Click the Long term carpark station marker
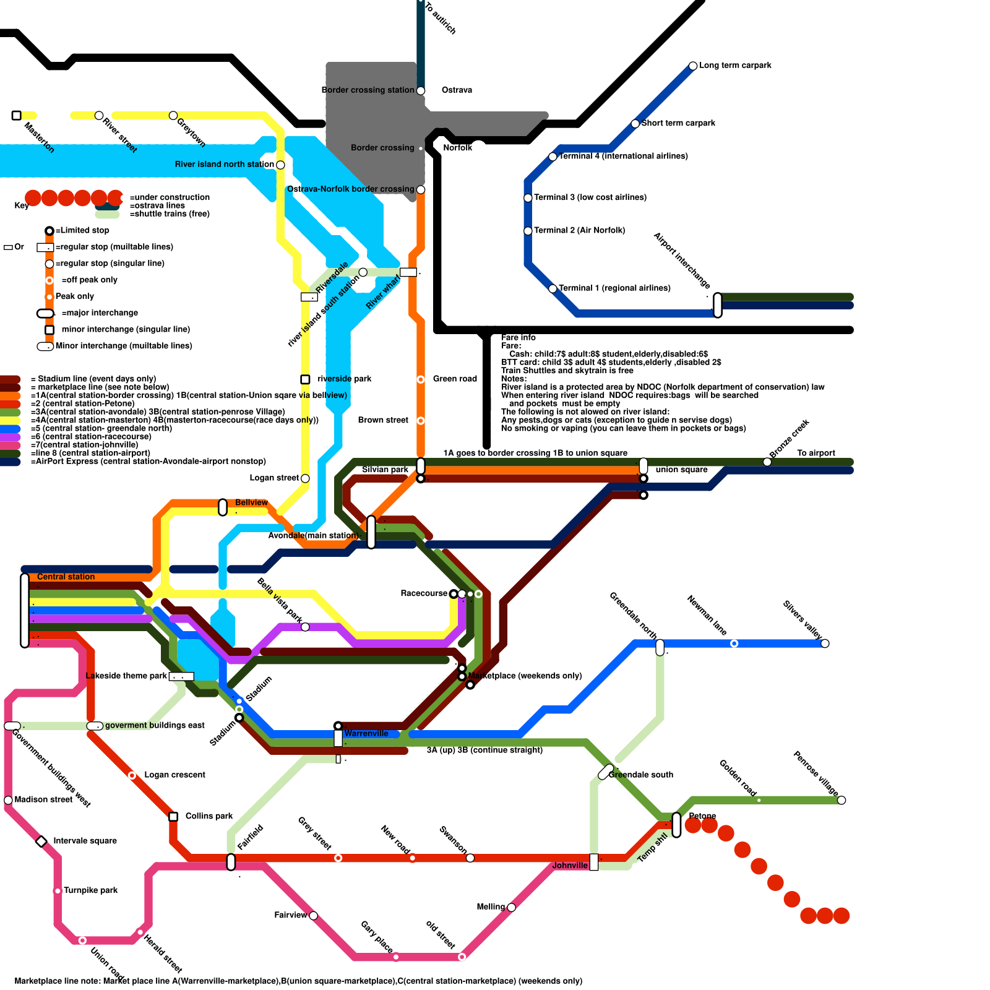(693, 66)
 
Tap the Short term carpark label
(678, 123)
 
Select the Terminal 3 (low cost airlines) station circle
(528, 198)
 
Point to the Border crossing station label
(368, 90)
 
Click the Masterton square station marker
(17, 116)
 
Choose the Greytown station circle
(173, 116)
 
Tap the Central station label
(66, 577)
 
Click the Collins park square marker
(173, 817)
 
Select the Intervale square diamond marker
(41, 841)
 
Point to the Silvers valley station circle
(825, 643)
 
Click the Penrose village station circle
(841, 800)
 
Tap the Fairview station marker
(314, 916)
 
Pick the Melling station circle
(511, 908)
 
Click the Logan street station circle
(305, 478)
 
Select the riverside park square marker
(305, 379)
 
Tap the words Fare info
(519, 338)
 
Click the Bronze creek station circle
(767, 462)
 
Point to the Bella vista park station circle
(305, 627)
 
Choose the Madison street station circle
(8, 800)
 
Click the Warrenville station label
(366, 734)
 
